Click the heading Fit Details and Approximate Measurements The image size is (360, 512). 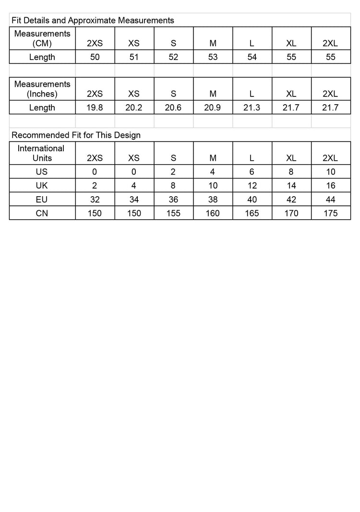(93, 20)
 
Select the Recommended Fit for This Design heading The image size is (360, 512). (76, 135)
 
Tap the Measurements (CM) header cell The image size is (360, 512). (42, 38)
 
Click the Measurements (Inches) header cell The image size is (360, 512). (42, 89)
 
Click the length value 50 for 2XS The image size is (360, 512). (95, 57)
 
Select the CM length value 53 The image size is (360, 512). (213, 57)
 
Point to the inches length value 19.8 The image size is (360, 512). (95, 107)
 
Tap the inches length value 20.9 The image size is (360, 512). (213, 107)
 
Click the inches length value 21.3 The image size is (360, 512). (252, 107)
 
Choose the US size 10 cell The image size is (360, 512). (331, 172)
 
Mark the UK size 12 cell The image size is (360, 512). (252, 186)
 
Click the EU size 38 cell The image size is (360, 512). (213, 200)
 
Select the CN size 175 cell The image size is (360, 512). (331, 213)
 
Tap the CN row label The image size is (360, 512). (42, 213)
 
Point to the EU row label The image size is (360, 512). (42, 200)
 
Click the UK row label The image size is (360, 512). (42, 186)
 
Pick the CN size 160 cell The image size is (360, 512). (213, 213)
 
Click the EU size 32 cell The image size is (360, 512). (95, 200)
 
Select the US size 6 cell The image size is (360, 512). (252, 172)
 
